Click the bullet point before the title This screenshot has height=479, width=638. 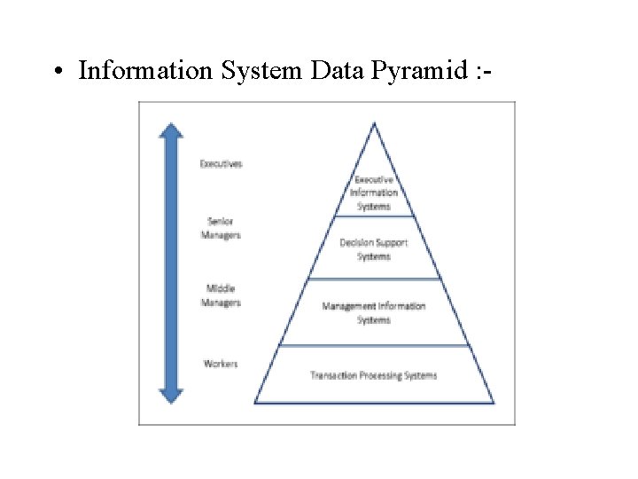tap(56, 71)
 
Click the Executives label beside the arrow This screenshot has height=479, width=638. tap(221, 163)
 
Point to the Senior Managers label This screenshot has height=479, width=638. tap(221, 228)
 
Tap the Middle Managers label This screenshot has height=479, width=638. tap(221, 295)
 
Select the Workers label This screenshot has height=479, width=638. tap(221, 364)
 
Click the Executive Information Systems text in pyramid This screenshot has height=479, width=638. tap(374, 192)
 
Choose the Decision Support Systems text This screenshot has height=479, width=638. tap(374, 249)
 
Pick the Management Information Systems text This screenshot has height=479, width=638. tap(374, 312)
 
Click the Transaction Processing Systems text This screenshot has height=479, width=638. tap(374, 375)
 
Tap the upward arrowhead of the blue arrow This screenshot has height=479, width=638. tap(171, 130)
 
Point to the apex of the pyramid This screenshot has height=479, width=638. tap(375, 124)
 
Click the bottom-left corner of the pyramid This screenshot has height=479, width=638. tap(255, 403)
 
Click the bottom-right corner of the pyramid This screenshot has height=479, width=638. tap(494, 403)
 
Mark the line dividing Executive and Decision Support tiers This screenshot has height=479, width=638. tap(374, 216)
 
